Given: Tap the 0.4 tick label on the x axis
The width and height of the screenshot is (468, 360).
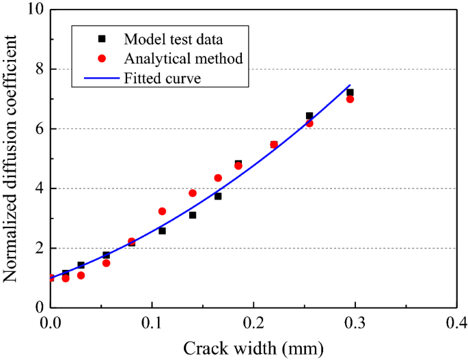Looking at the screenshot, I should (455, 322).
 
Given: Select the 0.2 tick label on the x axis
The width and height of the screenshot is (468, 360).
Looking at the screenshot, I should (253, 322).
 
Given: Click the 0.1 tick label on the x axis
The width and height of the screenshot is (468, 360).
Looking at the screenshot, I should (152, 322).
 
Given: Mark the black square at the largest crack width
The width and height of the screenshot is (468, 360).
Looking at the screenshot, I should (350, 92).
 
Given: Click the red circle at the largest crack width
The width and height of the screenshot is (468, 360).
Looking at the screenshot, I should (350, 99).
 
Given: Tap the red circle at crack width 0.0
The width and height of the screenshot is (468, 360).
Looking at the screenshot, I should (51, 278).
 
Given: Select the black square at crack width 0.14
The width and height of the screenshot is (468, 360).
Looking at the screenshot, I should (193, 215).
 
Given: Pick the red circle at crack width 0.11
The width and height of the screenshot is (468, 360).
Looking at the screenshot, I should (162, 211).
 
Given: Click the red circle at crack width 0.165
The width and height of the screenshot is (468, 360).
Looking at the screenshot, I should (218, 178).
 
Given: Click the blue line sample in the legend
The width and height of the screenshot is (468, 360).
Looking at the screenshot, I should (101, 78).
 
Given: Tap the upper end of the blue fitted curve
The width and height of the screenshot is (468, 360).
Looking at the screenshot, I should (350, 85).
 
